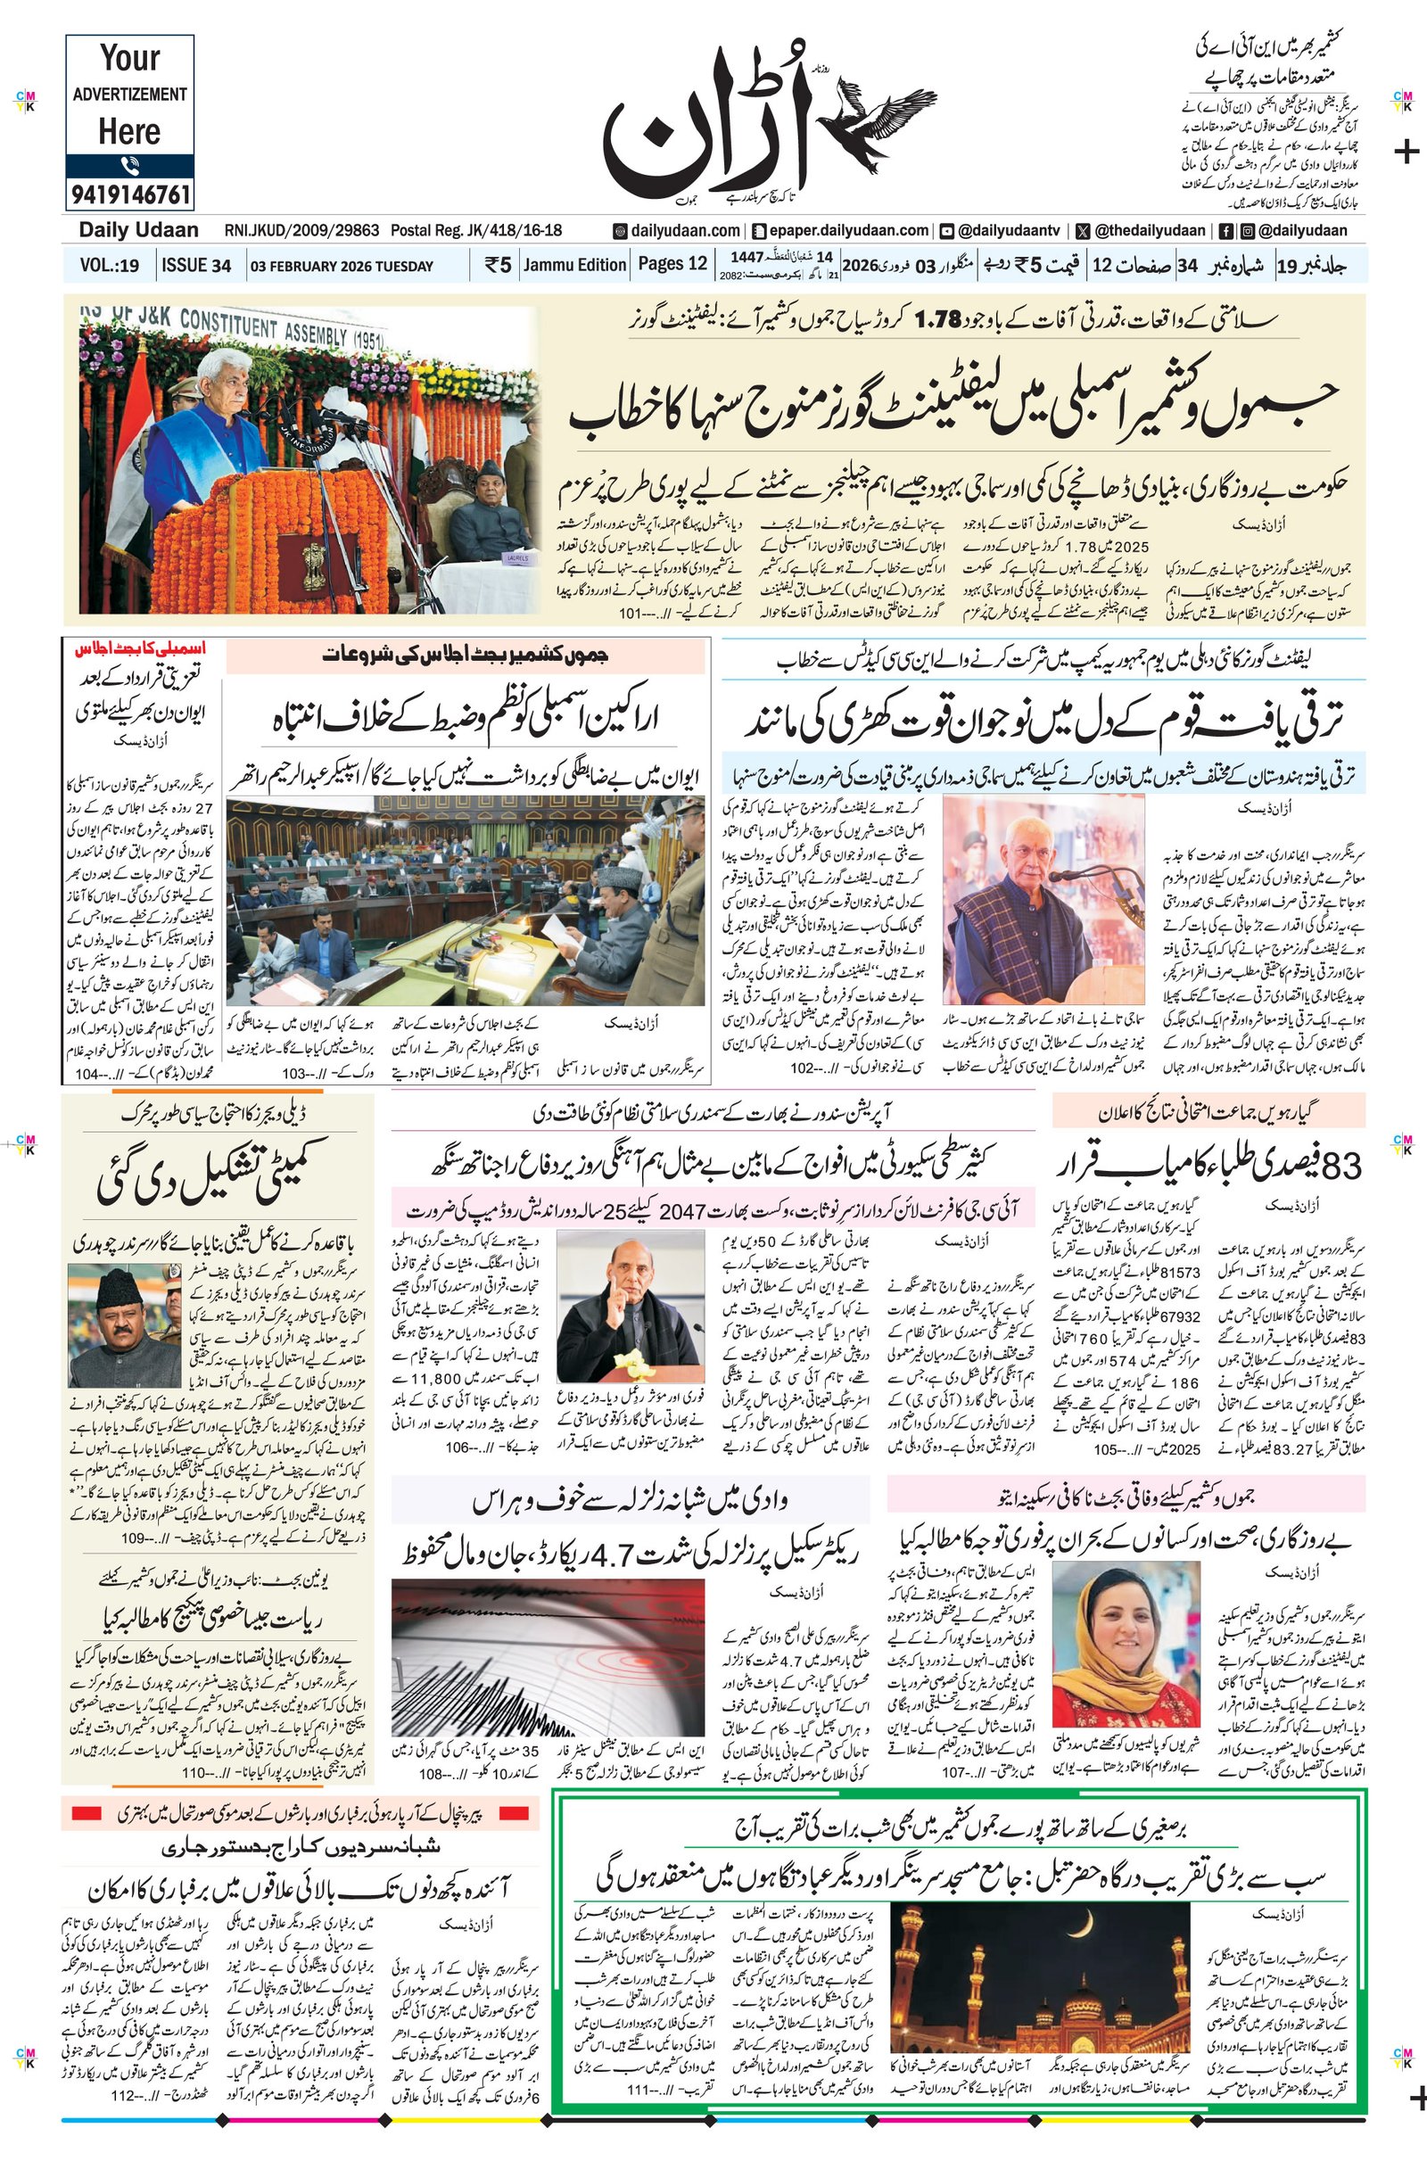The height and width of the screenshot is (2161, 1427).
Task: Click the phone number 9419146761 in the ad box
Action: (x=129, y=194)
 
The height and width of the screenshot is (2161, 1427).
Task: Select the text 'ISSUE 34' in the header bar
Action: (x=195, y=266)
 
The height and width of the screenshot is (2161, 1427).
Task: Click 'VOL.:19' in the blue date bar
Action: (x=109, y=266)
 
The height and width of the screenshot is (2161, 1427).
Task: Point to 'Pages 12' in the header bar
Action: (x=672, y=264)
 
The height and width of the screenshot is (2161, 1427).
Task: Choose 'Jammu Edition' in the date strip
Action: (x=574, y=265)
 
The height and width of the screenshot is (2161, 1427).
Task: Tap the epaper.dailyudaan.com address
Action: (x=844, y=231)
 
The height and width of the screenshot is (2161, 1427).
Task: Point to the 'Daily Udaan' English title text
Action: (x=138, y=230)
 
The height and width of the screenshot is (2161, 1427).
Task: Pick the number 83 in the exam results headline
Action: (x=1342, y=1166)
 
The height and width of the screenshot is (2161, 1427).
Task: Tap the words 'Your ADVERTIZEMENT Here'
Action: (x=129, y=95)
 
